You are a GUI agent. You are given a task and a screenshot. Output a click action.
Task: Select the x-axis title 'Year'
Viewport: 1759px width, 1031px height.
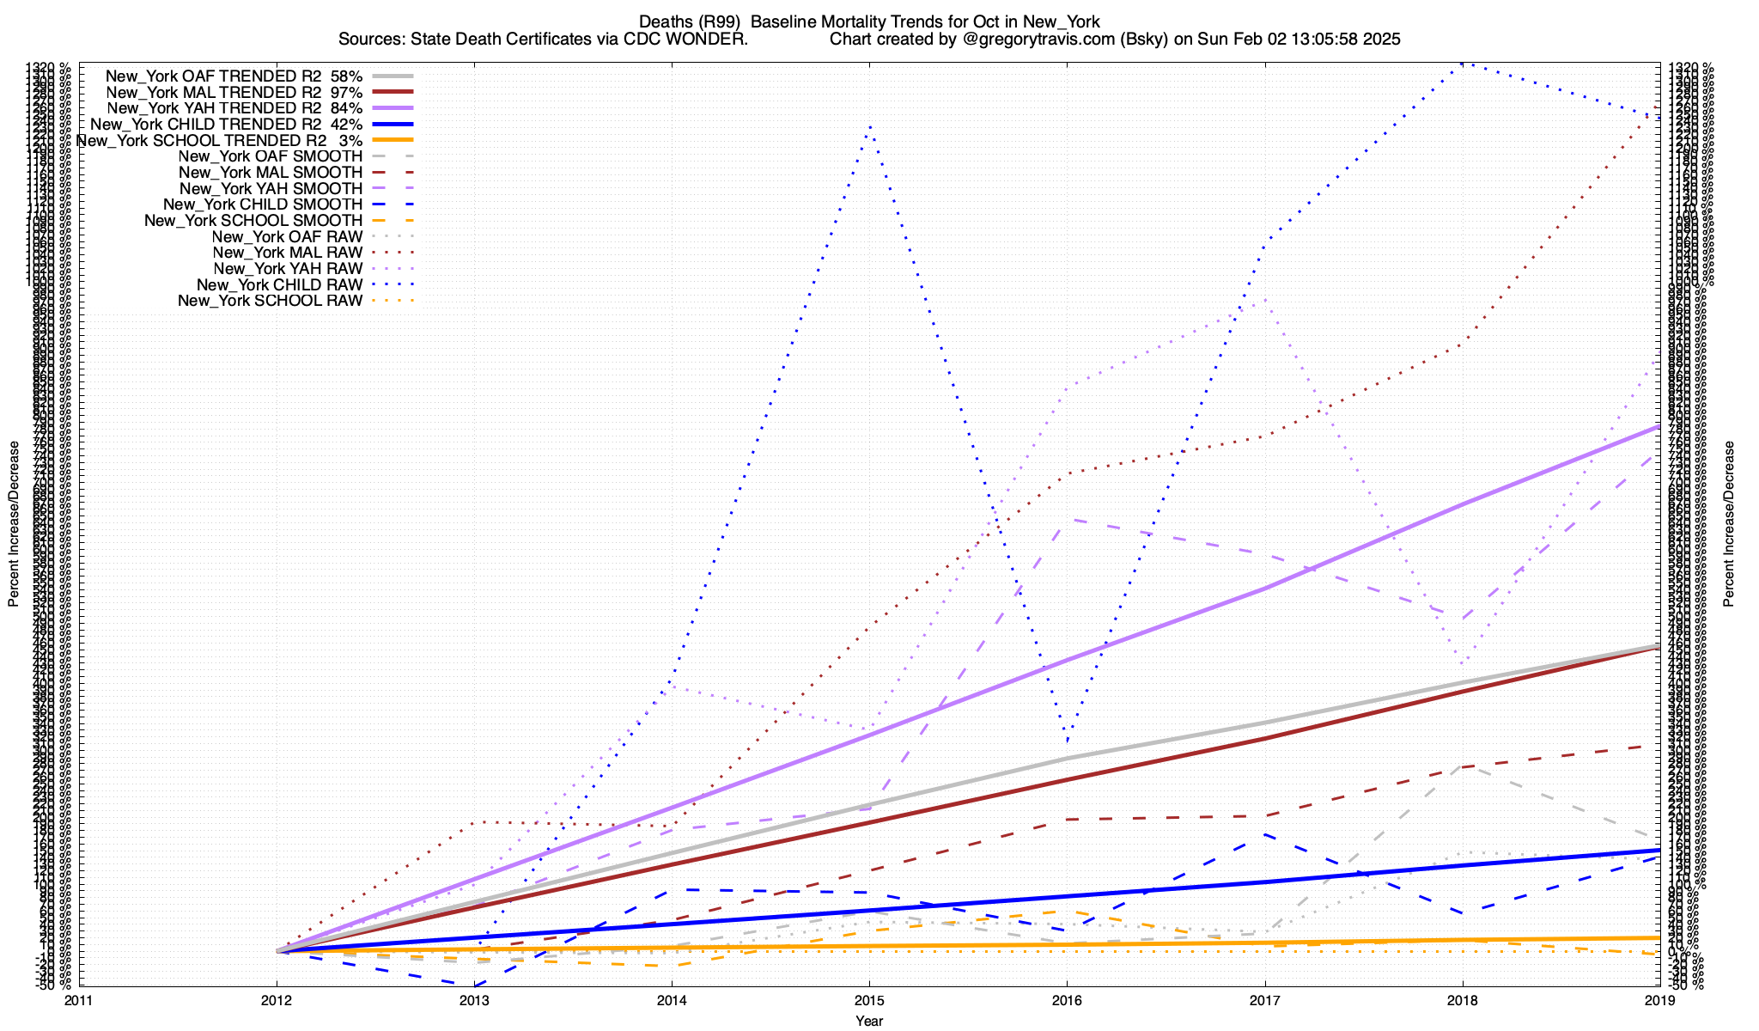pos(869,1021)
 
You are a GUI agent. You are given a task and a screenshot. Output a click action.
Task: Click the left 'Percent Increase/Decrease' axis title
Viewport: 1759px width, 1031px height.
pos(14,524)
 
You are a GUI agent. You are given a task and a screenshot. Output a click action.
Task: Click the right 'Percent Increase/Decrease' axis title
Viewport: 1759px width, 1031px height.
pos(1728,524)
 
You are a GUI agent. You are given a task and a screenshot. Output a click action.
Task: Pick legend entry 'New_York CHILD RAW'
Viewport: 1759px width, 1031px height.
pos(279,284)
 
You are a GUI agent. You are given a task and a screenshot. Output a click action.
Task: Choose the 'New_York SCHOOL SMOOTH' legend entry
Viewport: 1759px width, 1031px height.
pos(253,221)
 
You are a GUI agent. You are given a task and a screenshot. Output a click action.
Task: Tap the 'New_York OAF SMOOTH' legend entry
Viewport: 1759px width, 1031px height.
pos(271,156)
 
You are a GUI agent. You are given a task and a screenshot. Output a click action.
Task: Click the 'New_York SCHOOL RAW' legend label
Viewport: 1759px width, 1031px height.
pos(270,301)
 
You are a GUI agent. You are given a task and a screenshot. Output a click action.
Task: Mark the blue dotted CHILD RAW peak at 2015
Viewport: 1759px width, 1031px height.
pos(870,126)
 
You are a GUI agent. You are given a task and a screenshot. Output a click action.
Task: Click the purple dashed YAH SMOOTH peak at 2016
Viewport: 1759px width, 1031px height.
pos(1068,520)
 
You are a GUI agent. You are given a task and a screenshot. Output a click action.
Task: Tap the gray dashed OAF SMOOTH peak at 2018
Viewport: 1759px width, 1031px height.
pos(1463,765)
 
